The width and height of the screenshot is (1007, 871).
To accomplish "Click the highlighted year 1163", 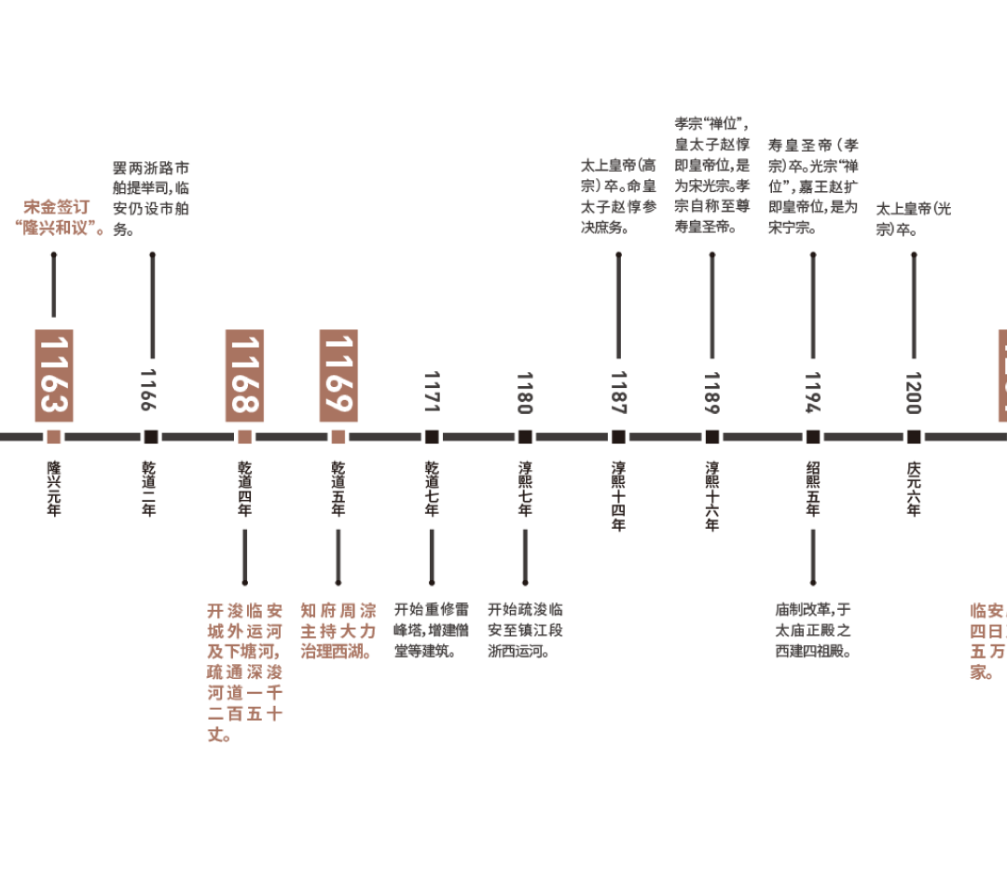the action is pyautogui.click(x=54, y=375).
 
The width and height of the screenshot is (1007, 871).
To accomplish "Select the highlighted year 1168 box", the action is pyautogui.click(x=244, y=375).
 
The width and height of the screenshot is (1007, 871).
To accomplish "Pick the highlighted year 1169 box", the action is pyautogui.click(x=338, y=375).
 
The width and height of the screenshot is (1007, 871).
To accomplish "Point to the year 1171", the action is pyautogui.click(x=432, y=391).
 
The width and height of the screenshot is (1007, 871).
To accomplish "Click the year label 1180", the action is pyautogui.click(x=525, y=391).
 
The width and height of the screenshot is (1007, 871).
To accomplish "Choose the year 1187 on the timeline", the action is pyautogui.click(x=618, y=391).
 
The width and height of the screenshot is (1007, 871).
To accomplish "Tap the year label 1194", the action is pyautogui.click(x=813, y=391).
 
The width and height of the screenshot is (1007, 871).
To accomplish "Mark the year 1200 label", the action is pyautogui.click(x=914, y=391).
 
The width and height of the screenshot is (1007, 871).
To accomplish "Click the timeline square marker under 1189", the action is pyautogui.click(x=712, y=436).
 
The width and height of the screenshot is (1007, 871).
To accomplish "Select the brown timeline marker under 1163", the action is pyautogui.click(x=54, y=436).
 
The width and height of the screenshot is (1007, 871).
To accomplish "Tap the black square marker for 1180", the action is pyautogui.click(x=525, y=436).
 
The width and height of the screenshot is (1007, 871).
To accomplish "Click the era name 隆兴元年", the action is pyautogui.click(x=54, y=488).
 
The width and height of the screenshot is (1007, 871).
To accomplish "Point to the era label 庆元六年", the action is pyautogui.click(x=914, y=488).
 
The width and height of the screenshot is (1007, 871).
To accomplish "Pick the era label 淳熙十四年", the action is pyautogui.click(x=618, y=495).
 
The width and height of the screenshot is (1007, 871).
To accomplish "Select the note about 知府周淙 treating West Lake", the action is pyautogui.click(x=338, y=631).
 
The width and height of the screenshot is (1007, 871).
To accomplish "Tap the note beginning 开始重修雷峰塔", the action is pyautogui.click(x=432, y=630).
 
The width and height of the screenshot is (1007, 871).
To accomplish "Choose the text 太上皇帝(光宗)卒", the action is pyautogui.click(x=913, y=218).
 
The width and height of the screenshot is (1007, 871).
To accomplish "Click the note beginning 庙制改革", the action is pyautogui.click(x=813, y=630).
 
